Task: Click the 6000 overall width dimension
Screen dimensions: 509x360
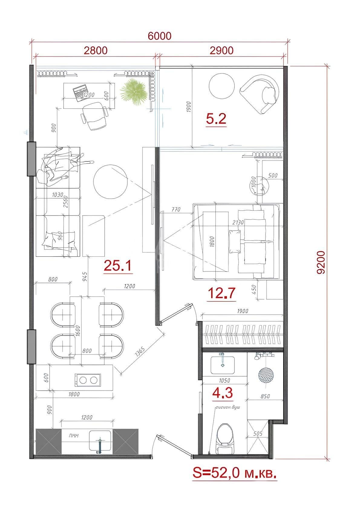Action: (x=159, y=36)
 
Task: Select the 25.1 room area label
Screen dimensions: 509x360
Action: (x=117, y=266)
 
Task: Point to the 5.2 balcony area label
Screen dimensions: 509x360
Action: (x=216, y=119)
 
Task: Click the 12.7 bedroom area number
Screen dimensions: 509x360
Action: (x=221, y=293)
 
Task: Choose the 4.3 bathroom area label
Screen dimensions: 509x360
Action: (x=222, y=393)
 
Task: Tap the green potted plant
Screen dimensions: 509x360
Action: (x=134, y=92)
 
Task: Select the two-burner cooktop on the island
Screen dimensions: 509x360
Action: (x=87, y=380)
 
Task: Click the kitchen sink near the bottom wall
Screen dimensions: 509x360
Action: (x=100, y=441)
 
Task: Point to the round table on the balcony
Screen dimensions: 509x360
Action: (x=222, y=86)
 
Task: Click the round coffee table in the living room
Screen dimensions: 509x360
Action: (x=110, y=181)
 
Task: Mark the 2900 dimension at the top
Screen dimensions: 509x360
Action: (x=221, y=50)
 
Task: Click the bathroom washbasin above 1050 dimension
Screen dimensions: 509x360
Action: (x=223, y=365)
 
